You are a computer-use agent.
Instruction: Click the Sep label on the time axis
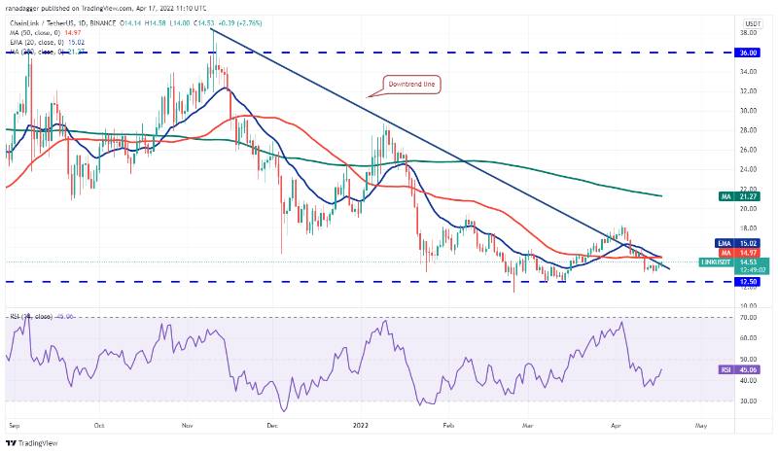16,425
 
